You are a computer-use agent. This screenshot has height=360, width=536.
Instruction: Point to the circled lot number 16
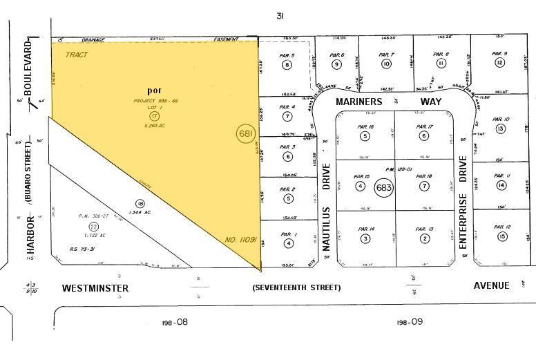click(140, 204)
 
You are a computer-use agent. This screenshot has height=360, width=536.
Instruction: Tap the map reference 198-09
click(409, 322)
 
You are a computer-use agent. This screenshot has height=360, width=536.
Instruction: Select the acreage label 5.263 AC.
click(156, 125)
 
